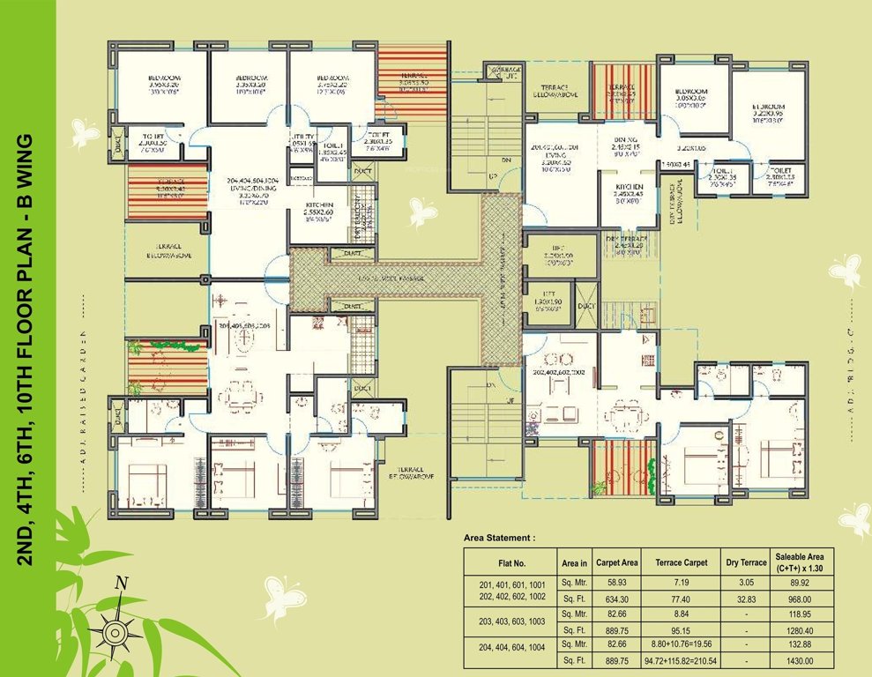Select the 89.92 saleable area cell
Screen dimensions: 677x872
click(803, 583)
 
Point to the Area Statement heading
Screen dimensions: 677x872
click(499, 536)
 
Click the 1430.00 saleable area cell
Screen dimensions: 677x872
click(803, 660)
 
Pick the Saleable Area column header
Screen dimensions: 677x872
click(803, 562)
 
